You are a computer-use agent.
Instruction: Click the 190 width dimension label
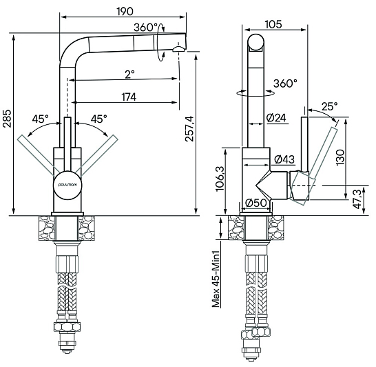pos(125,11)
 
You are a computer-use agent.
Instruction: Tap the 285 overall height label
pos(7,119)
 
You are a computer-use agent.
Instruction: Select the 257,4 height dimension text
pos(189,129)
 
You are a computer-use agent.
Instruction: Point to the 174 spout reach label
pos(129,97)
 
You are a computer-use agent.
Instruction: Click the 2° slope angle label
pos(129,75)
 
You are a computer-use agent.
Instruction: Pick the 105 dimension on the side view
pos(273,24)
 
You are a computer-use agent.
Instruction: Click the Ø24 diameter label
pos(276,118)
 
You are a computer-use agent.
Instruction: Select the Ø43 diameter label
pos(284,159)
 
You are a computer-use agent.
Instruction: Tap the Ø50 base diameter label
pos(256,203)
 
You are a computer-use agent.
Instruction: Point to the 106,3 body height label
pos(220,179)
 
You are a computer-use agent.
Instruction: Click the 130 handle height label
pos(340,157)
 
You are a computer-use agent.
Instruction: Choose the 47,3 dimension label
pos(357,199)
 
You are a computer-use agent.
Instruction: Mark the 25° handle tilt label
pos(330,106)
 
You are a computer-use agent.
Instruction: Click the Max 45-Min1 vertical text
pos(216,279)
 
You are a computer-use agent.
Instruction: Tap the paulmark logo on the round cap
pos(68,185)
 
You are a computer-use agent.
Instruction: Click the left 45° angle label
pos(40,119)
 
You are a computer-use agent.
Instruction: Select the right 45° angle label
pos(98,119)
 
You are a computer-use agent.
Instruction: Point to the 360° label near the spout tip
pos(145,28)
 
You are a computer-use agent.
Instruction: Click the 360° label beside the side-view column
pos(285,83)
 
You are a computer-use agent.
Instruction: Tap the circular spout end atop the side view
pos(256,43)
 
